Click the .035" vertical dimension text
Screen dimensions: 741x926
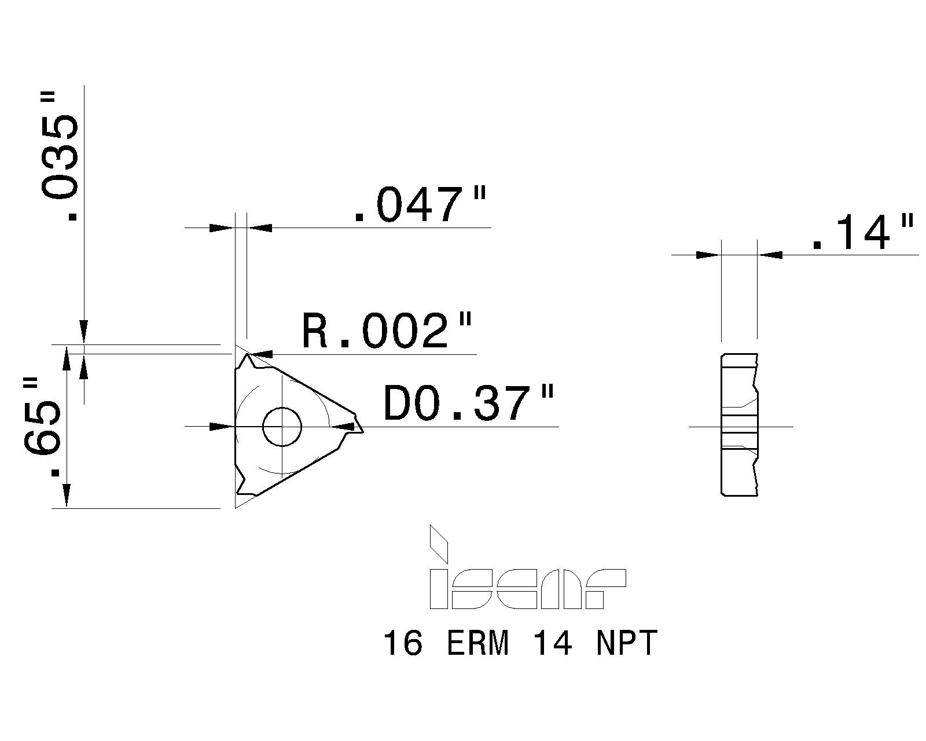click(x=60, y=156)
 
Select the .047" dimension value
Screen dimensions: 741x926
click(x=420, y=206)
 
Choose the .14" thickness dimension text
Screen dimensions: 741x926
click(x=862, y=233)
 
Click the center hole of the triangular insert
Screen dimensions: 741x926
click(x=282, y=427)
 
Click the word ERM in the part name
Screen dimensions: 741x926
click(x=478, y=643)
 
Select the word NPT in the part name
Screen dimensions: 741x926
click(x=627, y=643)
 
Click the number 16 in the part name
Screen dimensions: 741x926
click(x=403, y=643)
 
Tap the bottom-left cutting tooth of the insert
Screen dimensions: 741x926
click(x=243, y=486)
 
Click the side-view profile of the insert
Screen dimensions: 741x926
click(x=739, y=424)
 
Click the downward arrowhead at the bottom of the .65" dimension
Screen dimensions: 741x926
click(x=67, y=495)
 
